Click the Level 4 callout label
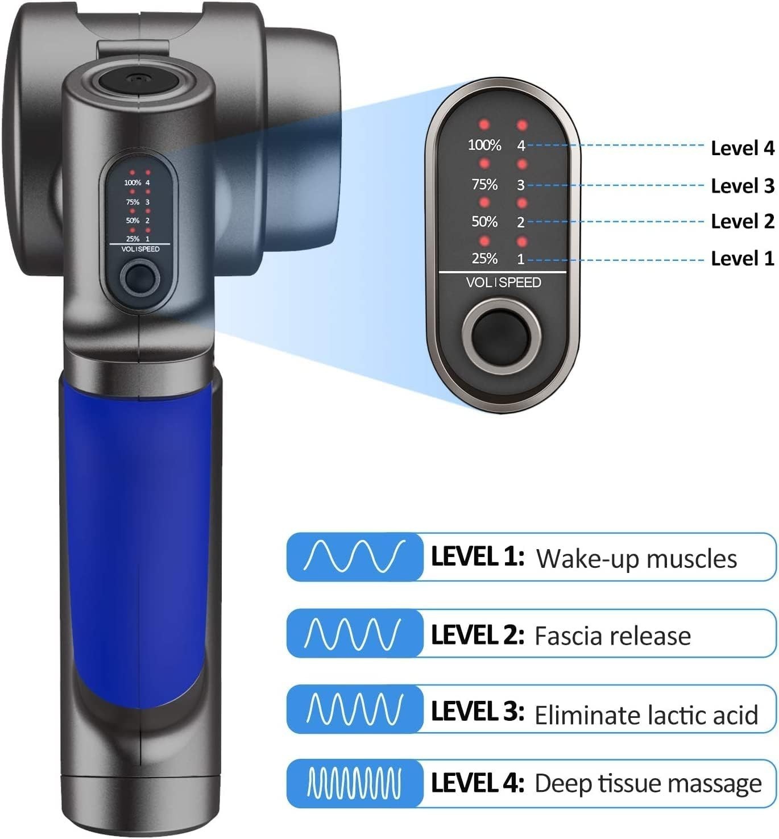[x=742, y=148]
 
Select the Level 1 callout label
[x=742, y=259]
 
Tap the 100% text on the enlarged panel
[x=484, y=146]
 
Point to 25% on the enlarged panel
[x=484, y=259]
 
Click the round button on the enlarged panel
[x=502, y=337]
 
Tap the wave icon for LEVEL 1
[x=355, y=556]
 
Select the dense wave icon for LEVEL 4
[x=355, y=783]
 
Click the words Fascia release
[x=612, y=636]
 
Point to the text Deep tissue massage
[x=648, y=783]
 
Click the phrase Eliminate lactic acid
[x=646, y=715]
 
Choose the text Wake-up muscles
[x=636, y=559]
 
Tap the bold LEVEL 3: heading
[x=477, y=712]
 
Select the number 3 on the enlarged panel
[x=520, y=185]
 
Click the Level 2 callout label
[x=742, y=221]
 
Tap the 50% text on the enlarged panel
[x=484, y=222]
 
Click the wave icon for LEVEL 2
[x=355, y=633]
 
